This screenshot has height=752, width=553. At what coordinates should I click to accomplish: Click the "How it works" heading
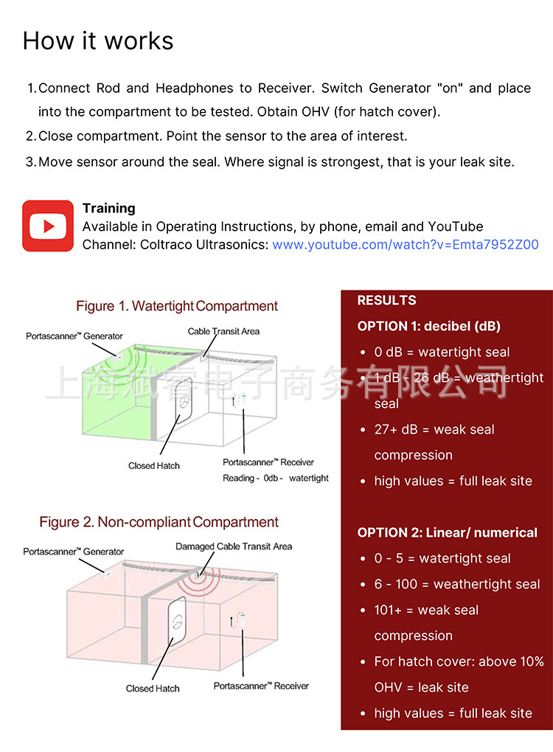tap(98, 41)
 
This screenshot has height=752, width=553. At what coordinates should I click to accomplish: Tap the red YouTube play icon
tap(48, 226)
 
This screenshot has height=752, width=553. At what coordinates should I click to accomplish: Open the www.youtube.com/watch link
tap(406, 245)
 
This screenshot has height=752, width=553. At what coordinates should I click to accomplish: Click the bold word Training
tap(109, 209)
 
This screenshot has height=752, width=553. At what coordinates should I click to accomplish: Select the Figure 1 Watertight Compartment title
tap(177, 306)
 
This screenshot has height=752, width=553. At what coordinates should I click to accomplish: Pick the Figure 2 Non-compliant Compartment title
tap(159, 522)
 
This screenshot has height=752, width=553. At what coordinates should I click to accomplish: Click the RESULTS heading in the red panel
tap(386, 300)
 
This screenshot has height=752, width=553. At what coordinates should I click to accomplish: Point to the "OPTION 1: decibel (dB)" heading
tap(428, 326)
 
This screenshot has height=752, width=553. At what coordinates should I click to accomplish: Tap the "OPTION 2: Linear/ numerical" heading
tap(447, 532)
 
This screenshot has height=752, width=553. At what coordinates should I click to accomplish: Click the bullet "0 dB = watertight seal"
tap(442, 352)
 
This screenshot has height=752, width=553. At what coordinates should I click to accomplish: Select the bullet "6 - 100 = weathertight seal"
tap(457, 584)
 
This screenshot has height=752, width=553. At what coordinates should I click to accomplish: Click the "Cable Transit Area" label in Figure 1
tap(223, 332)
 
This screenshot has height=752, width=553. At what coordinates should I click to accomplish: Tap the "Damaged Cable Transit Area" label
tap(234, 547)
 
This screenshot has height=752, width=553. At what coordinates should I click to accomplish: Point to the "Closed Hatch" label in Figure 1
tap(153, 466)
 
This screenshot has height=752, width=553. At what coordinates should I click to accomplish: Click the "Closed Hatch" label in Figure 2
tap(153, 689)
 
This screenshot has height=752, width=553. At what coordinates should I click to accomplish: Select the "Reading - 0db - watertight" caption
tap(275, 478)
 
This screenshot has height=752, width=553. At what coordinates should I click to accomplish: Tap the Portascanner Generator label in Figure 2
tap(74, 551)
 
